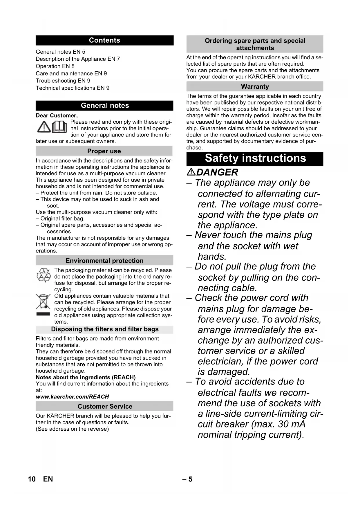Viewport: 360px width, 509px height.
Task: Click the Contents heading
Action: tap(104, 40)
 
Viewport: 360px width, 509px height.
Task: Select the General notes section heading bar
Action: tap(105, 105)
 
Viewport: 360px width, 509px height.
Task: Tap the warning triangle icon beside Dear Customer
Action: tap(44, 127)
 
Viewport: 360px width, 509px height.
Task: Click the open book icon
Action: tap(59, 127)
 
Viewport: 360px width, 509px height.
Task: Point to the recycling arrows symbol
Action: tap(44, 275)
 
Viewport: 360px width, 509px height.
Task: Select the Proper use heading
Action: tap(104, 151)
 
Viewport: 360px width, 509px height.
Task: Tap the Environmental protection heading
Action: tap(104, 261)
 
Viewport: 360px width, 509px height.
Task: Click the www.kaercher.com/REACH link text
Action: tap(73, 397)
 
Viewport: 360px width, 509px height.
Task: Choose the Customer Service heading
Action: tap(105, 406)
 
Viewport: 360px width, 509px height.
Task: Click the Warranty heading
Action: tap(255, 86)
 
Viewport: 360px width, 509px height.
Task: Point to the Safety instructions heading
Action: tap(255, 158)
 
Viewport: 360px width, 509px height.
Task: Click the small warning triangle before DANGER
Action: tap(191, 172)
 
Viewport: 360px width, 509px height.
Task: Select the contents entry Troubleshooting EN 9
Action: tap(63, 81)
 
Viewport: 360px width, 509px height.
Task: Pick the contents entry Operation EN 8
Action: tap(55, 66)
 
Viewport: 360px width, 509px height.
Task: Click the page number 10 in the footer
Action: tap(32, 479)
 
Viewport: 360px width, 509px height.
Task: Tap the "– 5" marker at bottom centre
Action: tap(187, 479)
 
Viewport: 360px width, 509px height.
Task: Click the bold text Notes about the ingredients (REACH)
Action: tap(86, 377)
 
